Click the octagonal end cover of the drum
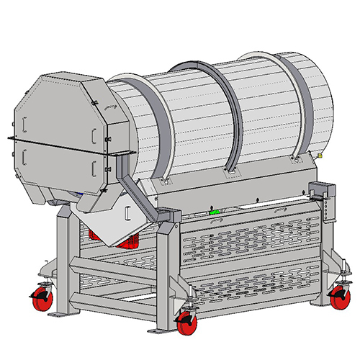tap(54, 137)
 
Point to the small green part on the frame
tap(213, 212)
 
